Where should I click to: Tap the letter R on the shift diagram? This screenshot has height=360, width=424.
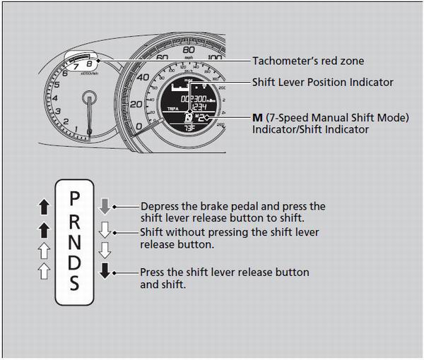click(x=74, y=222)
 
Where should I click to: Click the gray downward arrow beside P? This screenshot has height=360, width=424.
click(x=105, y=206)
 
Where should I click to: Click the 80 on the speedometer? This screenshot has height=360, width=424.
click(x=188, y=51)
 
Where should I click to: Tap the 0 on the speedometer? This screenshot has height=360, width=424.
click(x=139, y=126)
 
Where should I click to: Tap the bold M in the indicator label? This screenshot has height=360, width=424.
click(x=257, y=116)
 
